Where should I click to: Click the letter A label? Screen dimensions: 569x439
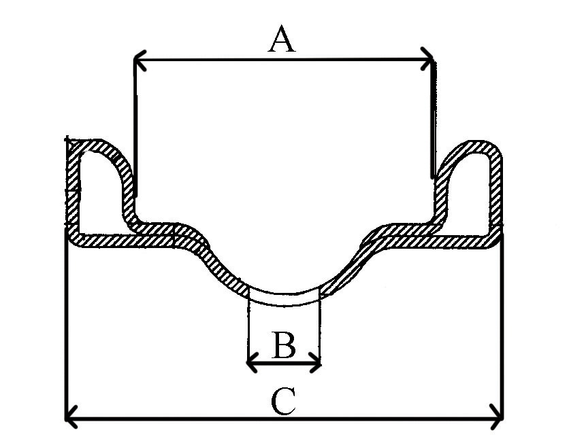click(x=282, y=39)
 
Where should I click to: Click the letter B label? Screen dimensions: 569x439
click(x=284, y=345)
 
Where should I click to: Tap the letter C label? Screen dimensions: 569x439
click(x=283, y=402)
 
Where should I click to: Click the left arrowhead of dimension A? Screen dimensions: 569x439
click(x=140, y=60)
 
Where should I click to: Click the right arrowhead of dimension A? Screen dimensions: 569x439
click(x=427, y=58)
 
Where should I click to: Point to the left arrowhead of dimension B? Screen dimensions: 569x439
click(x=253, y=362)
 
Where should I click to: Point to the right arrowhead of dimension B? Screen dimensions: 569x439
click(x=316, y=363)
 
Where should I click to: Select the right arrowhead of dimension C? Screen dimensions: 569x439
click(x=496, y=417)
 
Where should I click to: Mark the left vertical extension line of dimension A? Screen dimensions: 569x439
click(x=135, y=128)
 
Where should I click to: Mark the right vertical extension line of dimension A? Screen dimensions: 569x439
click(x=434, y=120)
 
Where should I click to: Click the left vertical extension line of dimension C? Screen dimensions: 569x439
click(x=67, y=323)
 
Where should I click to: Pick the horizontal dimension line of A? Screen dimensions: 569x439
click(x=283, y=59)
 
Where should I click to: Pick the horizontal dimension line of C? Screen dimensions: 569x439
click(x=284, y=418)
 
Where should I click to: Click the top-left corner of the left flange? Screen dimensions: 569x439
click(x=67, y=139)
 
